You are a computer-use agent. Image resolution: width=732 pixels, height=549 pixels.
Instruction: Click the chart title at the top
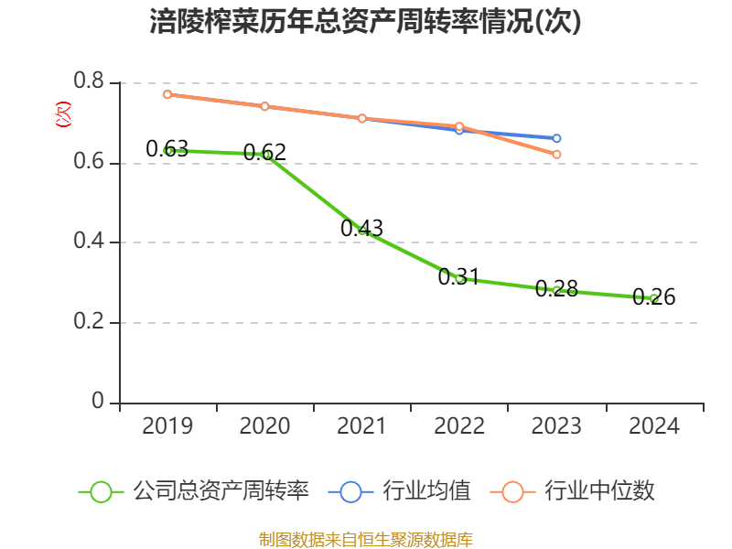pos(366,22)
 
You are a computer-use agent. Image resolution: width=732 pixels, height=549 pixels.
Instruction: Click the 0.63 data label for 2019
pos(167,148)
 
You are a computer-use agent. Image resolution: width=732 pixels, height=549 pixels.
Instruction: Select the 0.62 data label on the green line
pos(264,152)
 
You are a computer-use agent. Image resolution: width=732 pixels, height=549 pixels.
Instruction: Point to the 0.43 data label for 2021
pos(361,229)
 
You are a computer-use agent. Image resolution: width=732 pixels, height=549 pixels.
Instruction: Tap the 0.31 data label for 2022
pos(458,276)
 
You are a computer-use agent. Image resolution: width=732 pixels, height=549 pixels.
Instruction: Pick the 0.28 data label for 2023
pos(556,288)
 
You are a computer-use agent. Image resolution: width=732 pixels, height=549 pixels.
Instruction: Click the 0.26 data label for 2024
pos(653,296)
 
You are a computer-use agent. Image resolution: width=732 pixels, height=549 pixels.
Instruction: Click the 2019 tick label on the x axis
pos(167,426)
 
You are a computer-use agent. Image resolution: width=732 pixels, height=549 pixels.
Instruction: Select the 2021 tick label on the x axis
pos(362,426)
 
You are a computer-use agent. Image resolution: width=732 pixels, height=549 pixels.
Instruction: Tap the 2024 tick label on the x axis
pos(654,426)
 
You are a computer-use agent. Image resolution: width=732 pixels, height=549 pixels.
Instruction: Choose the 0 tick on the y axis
pos(99,403)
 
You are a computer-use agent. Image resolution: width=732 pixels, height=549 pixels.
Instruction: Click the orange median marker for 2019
pos(167,94)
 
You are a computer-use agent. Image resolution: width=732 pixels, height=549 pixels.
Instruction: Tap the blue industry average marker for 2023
pos(556,138)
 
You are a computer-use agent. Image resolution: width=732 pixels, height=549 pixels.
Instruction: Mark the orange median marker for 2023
pos(556,155)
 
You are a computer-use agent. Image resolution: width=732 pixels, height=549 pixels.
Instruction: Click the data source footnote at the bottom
pos(366,539)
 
